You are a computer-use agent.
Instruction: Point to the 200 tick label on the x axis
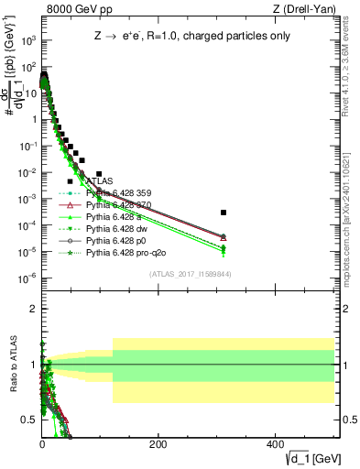point(158,444)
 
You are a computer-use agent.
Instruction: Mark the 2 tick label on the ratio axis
point(32,309)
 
